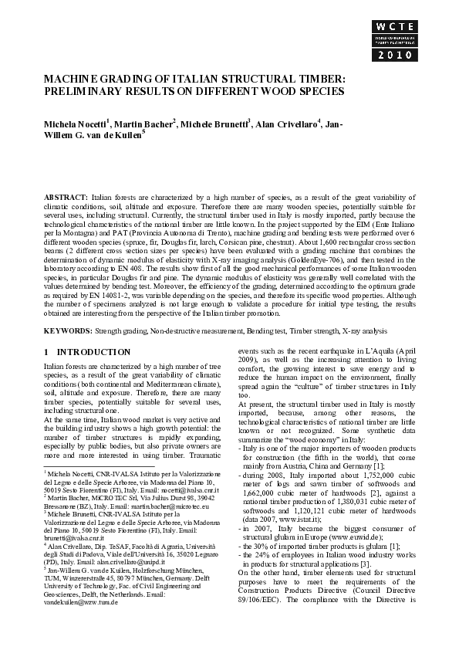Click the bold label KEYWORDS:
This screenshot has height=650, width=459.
click(68, 330)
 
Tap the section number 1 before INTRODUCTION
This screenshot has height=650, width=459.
click(47, 351)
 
